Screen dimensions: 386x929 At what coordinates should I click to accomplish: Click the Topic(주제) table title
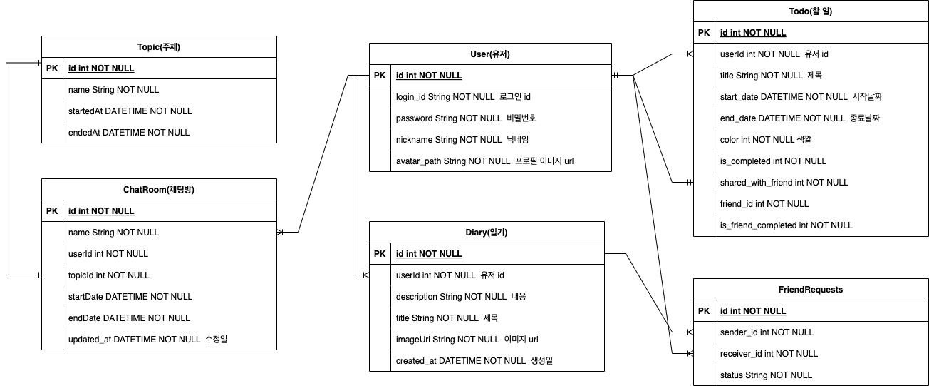pyautogui.click(x=158, y=47)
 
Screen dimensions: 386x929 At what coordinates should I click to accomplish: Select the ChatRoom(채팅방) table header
pyautogui.click(x=158, y=190)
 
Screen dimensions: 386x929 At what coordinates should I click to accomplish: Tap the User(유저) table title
pyautogui.click(x=490, y=54)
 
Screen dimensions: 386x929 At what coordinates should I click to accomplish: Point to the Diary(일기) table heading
pyautogui.click(x=487, y=233)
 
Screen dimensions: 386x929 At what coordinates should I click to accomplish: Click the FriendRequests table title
pyautogui.click(x=811, y=290)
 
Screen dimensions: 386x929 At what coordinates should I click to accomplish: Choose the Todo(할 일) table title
pyautogui.click(x=811, y=11)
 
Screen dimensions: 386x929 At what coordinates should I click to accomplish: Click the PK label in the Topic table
pyautogui.click(x=53, y=68)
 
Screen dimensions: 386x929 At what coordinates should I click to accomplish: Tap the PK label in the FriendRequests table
pyautogui.click(x=704, y=311)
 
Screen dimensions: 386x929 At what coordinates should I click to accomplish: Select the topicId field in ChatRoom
pyautogui.click(x=108, y=275)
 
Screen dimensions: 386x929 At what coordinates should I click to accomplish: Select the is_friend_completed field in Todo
pyautogui.click(x=786, y=225)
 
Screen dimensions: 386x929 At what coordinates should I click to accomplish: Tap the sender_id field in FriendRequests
pyautogui.click(x=767, y=332)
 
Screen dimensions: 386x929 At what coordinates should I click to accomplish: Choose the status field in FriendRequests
pyautogui.click(x=766, y=375)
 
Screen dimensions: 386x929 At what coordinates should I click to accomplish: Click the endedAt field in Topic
pyautogui.click(x=128, y=133)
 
